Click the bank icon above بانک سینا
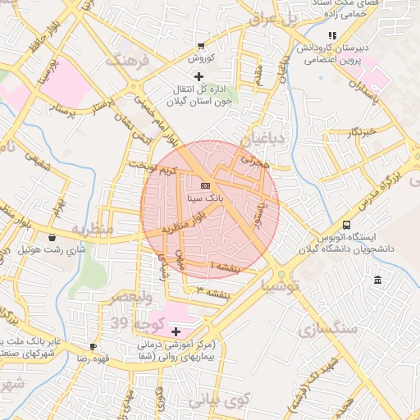[x=204, y=185]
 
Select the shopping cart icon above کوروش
[x=201, y=46]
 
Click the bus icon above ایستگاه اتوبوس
[x=346, y=225]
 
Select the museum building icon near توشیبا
[x=377, y=281]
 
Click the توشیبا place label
[x=280, y=285]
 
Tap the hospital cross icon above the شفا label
[x=176, y=331]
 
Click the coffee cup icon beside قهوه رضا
[x=93, y=346]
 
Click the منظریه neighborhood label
[x=91, y=229]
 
